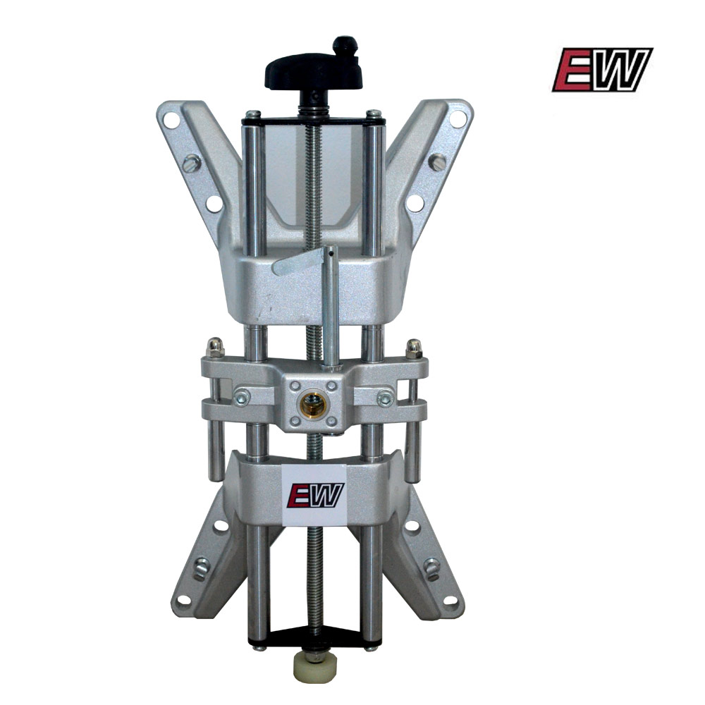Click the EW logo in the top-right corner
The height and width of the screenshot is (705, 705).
[603, 70]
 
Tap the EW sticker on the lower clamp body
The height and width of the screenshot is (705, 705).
[315, 495]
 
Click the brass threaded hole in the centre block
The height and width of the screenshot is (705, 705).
[314, 403]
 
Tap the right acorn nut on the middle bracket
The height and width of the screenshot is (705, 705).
[414, 349]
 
